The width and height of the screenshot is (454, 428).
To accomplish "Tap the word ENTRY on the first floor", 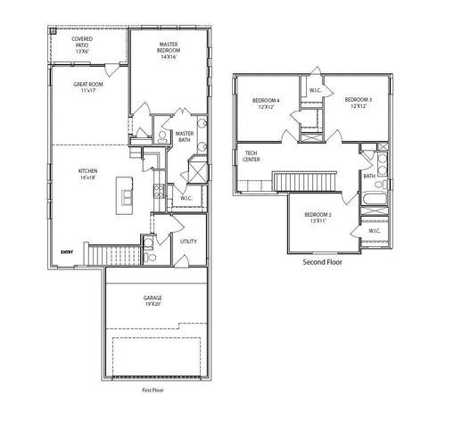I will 66,252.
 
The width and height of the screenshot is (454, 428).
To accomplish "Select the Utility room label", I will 188,241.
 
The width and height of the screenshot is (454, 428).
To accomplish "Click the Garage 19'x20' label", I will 153,301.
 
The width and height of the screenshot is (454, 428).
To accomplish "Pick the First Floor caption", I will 153,390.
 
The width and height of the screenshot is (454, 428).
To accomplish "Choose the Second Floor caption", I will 323,263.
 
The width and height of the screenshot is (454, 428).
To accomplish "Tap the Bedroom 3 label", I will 357,103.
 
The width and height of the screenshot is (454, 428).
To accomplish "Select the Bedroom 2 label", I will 318,219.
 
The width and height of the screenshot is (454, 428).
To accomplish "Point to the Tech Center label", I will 252,157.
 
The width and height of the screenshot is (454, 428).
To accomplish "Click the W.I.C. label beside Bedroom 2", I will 374,231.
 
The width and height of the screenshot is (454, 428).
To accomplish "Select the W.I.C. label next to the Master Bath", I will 186,198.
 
